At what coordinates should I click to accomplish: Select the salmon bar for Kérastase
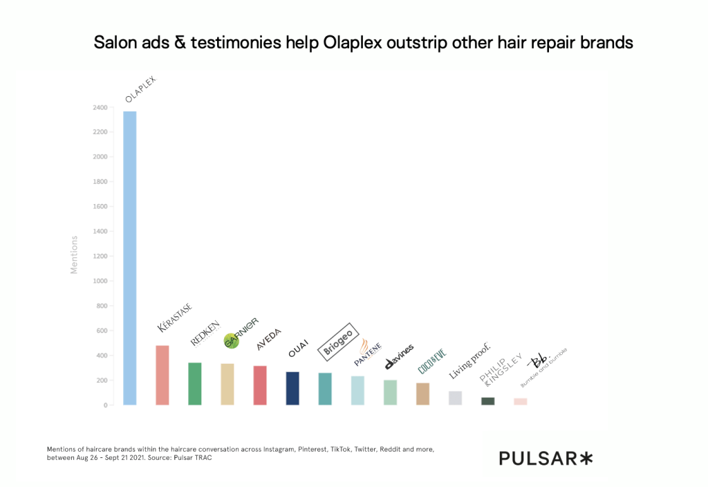[x=162, y=375]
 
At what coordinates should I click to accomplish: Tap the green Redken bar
[x=195, y=384]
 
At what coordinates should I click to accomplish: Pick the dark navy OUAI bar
[x=292, y=388]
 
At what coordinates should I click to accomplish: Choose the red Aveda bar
[x=260, y=385]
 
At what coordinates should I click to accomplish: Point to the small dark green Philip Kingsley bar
[x=487, y=401]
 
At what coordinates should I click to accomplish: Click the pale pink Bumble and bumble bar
[x=520, y=402]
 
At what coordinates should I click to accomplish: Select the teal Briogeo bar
[x=325, y=389]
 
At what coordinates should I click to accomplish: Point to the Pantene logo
[x=368, y=353]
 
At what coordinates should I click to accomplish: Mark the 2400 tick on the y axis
[x=100, y=108]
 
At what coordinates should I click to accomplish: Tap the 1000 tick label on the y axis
[x=100, y=282]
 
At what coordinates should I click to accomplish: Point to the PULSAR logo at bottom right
[x=546, y=458]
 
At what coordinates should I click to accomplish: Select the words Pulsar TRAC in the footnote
[x=190, y=459]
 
